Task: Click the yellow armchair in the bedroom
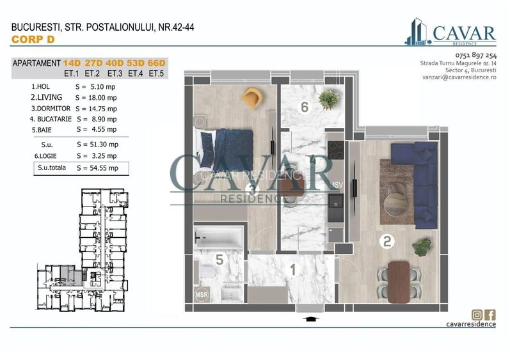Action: [251, 97]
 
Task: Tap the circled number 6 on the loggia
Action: [305, 107]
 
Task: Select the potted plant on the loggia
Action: [329, 99]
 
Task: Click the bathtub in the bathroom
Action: [219, 237]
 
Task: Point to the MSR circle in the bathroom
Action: [202, 295]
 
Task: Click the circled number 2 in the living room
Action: [387, 242]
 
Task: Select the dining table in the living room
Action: [399, 282]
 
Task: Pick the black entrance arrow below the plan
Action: [311, 319]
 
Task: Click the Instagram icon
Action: [477, 315]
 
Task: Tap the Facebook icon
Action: [490, 315]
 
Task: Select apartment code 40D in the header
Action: [115, 63]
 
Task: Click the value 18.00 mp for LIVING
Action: [102, 97]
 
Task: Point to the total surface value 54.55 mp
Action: [104, 168]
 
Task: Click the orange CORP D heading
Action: [33, 39]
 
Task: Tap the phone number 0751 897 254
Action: [476, 55]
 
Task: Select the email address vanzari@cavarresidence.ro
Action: [459, 77]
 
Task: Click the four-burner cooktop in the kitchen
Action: [336, 150]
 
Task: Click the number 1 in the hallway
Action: [293, 270]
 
